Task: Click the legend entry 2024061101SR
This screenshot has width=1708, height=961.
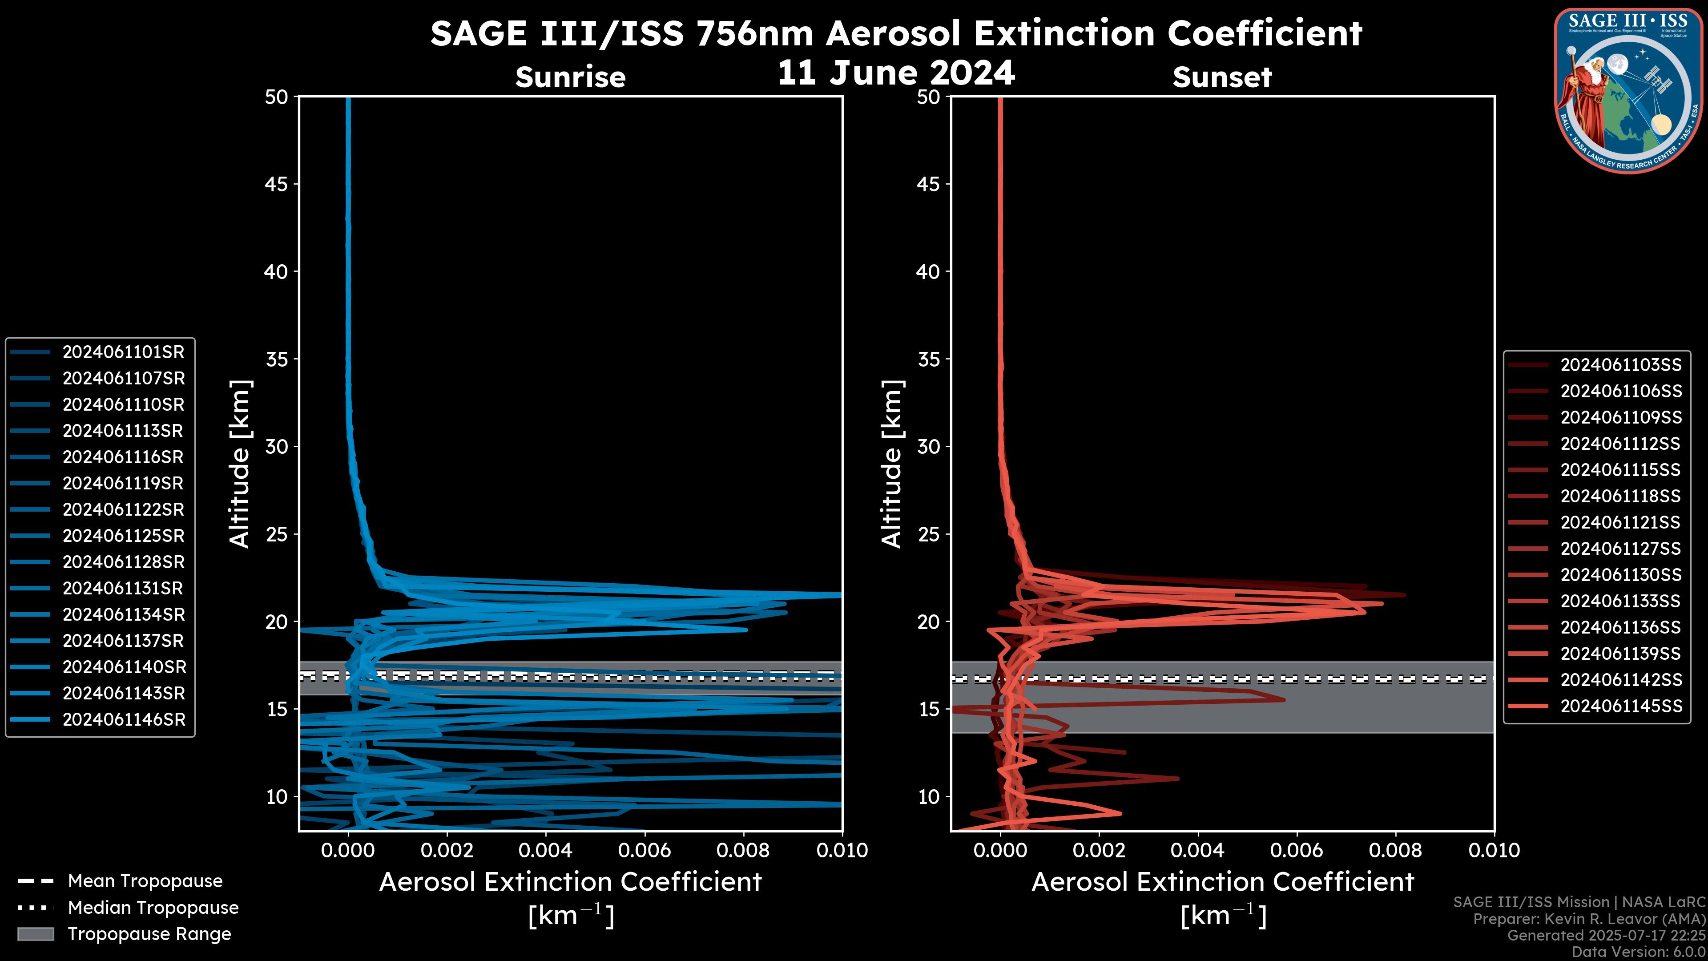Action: point(123,352)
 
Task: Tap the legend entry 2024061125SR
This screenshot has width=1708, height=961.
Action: point(123,536)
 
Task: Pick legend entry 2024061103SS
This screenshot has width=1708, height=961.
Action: point(1620,365)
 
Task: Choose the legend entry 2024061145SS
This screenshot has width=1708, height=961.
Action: point(1620,707)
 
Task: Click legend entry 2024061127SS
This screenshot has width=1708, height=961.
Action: point(1620,549)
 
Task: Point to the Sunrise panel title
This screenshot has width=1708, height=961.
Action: point(570,77)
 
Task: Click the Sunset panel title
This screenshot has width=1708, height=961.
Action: point(1222,77)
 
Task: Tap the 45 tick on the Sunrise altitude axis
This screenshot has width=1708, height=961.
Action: point(277,184)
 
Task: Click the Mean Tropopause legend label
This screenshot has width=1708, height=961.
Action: point(145,881)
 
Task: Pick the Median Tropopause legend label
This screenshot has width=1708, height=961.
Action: point(153,908)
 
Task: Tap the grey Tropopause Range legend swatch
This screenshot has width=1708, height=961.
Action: point(35,934)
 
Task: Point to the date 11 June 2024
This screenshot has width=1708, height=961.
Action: point(896,73)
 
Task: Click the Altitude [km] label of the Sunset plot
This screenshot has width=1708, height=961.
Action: point(892,464)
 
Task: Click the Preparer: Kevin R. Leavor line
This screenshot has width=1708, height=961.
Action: point(1589,919)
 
